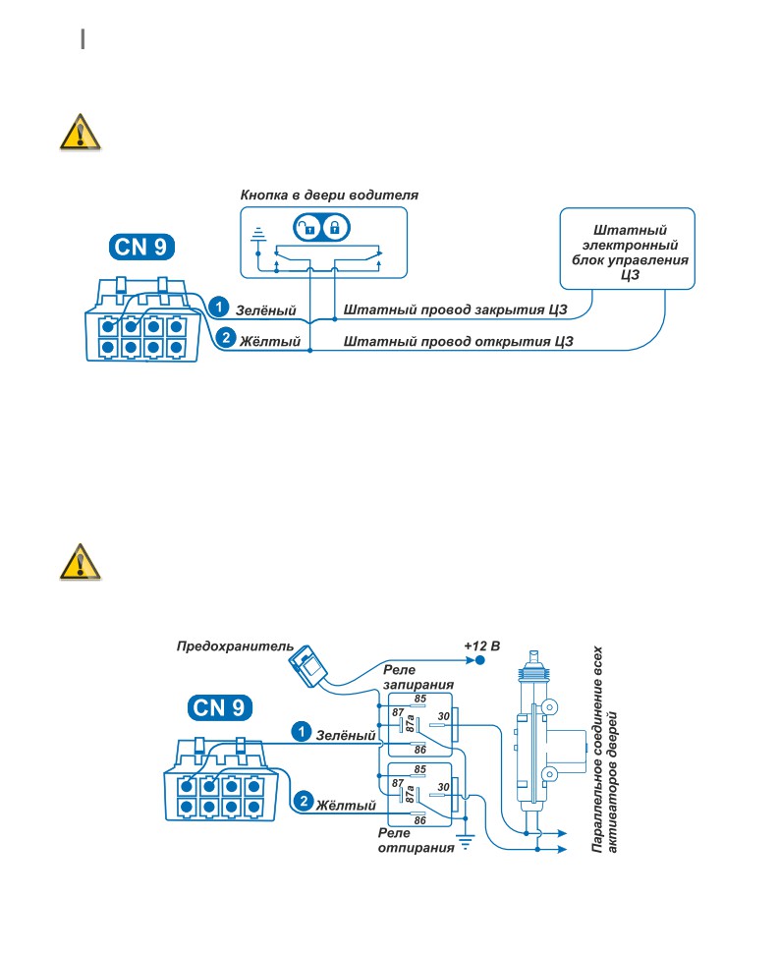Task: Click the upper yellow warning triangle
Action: [80, 132]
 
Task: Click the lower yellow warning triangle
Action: [80, 562]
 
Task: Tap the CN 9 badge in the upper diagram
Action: [141, 248]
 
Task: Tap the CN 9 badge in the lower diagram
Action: [219, 708]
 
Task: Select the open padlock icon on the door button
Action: [306, 228]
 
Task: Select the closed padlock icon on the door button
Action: [334, 228]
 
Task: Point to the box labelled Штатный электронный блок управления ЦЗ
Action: [627, 249]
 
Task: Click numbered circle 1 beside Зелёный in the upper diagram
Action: [219, 307]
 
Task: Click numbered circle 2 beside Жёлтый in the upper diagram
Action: [225, 337]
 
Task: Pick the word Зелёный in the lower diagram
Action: [346, 736]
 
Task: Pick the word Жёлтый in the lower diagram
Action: [346, 806]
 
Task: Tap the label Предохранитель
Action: [235, 646]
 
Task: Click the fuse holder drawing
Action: [309, 667]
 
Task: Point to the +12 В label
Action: [482, 646]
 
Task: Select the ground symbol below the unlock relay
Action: [466, 842]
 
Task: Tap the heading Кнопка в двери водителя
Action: [329, 196]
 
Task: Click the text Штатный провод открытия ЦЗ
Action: [458, 341]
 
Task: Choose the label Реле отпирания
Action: [416, 841]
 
